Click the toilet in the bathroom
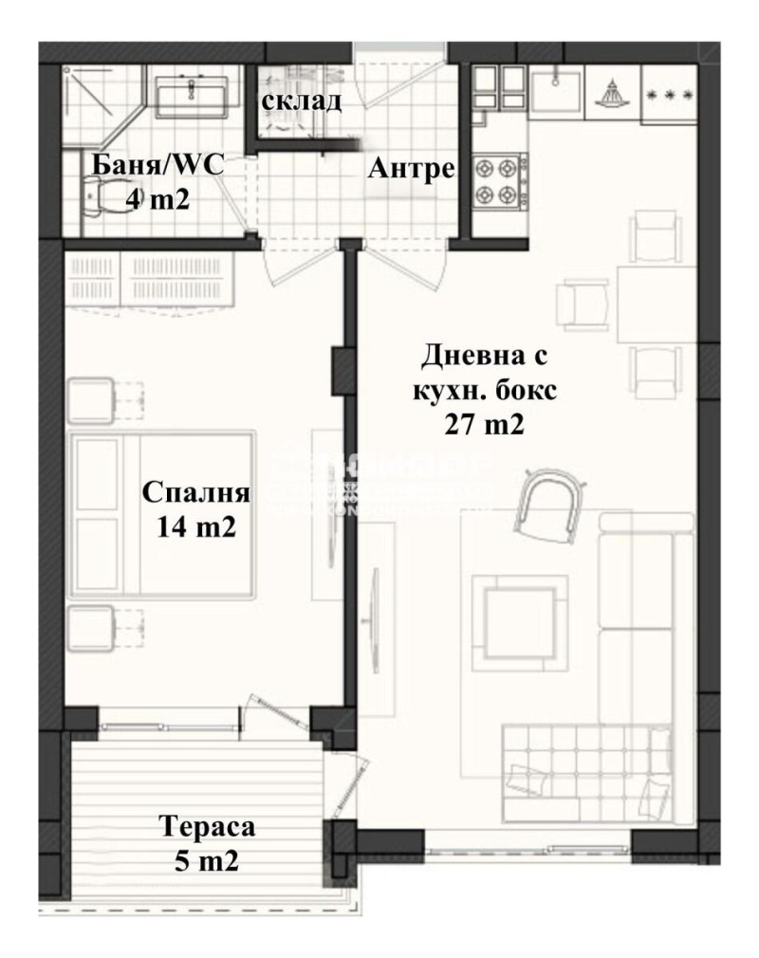coord(95,197)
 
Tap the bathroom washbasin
coord(192,93)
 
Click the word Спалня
coord(195,493)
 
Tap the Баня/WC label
coord(157,166)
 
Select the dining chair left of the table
coord(582,304)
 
